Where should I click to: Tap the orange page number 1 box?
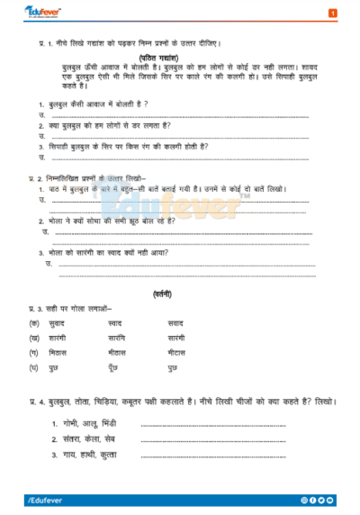pos(332,14)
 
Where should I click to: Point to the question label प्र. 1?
pos(38,42)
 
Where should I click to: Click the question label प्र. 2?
pos(38,179)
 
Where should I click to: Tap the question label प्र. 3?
pos(38,309)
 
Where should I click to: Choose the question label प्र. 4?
pos(38,400)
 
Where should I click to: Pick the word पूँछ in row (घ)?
pos(112,369)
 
